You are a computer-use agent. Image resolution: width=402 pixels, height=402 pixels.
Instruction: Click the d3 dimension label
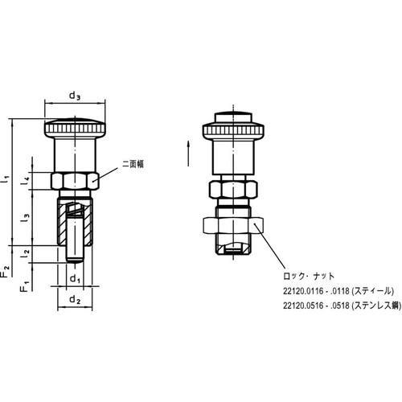tap(75, 96)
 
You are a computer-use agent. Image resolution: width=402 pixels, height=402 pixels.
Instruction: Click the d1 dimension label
tap(75, 279)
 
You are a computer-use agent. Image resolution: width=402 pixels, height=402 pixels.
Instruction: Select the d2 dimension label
tap(75, 300)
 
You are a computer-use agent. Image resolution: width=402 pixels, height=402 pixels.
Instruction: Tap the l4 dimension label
tap(26, 182)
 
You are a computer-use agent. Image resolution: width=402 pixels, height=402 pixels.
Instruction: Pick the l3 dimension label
tap(26, 218)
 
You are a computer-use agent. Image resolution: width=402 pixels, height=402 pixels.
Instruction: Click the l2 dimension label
tap(26, 253)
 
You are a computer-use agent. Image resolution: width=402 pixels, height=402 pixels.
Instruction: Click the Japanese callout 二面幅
tap(133, 163)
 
